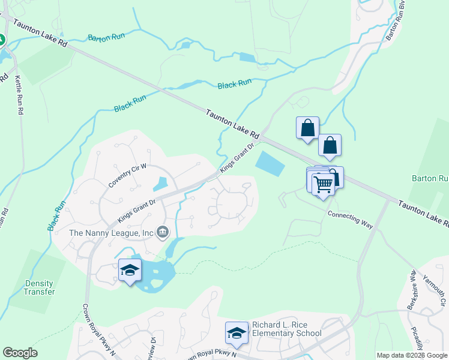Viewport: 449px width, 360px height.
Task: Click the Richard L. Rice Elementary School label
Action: [x=286, y=329]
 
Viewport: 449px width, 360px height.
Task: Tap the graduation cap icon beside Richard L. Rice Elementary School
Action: [x=237, y=332]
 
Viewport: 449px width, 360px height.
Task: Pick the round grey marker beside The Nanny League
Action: [x=162, y=232]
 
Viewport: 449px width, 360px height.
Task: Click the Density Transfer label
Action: [x=40, y=287]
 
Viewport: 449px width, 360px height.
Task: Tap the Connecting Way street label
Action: [x=351, y=218]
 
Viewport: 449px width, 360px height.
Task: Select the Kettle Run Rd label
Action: [x=19, y=95]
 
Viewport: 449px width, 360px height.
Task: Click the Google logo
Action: [x=20, y=353]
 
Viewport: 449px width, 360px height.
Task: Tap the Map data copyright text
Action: [x=412, y=355]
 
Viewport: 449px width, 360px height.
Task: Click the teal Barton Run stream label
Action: [x=106, y=37]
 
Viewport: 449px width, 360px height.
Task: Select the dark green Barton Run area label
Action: [x=430, y=178]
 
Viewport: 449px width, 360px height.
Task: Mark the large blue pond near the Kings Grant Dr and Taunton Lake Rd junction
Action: [x=270, y=163]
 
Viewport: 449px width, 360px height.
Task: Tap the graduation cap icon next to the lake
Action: [x=130, y=270]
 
